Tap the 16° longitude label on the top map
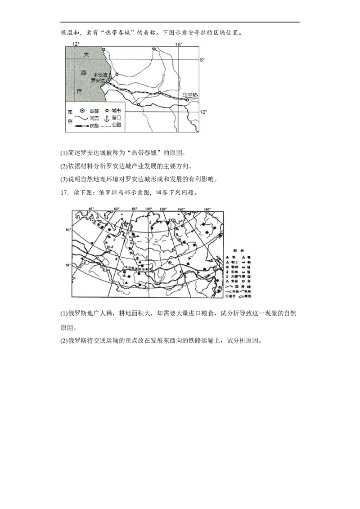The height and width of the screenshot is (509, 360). [x=178, y=44]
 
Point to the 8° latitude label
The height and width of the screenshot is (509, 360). [x=202, y=59]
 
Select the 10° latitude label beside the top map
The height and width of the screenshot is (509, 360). [x=203, y=112]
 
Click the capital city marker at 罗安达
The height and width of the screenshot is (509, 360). [x=108, y=83]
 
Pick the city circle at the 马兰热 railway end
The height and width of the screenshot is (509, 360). [x=187, y=100]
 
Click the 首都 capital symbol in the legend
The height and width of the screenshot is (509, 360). [x=82, y=111]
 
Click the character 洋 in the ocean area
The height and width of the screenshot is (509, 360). [x=79, y=91]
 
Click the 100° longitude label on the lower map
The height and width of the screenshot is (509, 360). [x=148, y=209]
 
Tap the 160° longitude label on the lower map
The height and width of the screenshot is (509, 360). [x=207, y=209]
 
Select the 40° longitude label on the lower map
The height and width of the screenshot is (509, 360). [x=91, y=209]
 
